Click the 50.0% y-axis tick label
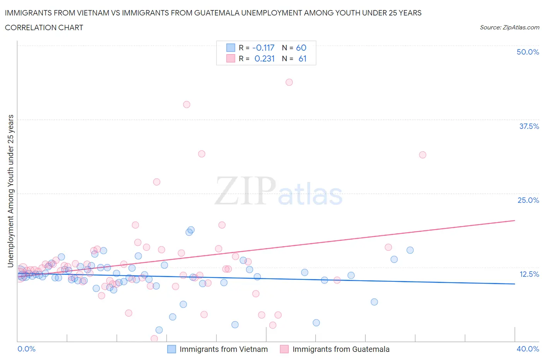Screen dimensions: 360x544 pyautogui.click(x=528, y=52)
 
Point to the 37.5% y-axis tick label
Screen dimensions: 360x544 pyautogui.click(x=529, y=126)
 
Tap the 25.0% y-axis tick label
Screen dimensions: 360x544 pyautogui.click(x=528, y=200)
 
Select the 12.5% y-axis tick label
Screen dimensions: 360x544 pyautogui.click(x=529, y=274)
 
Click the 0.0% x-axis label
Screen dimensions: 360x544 pyautogui.click(x=27, y=349)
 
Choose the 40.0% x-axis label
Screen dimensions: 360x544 pyautogui.click(x=528, y=349)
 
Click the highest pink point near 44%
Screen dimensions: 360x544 pyautogui.click(x=289, y=82)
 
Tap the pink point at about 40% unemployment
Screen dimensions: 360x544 pyautogui.click(x=186, y=105)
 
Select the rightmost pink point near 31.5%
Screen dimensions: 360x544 pyautogui.click(x=423, y=155)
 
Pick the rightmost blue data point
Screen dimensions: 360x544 pyautogui.click(x=410, y=250)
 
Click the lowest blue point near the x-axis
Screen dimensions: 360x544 pyautogui.click(x=159, y=330)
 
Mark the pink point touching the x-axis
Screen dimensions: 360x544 pyautogui.click(x=154, y=339)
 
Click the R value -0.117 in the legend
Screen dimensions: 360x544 pyautogui.click(x=263, y=48)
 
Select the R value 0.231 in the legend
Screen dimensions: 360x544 pyautogui.click(x=264, y=58)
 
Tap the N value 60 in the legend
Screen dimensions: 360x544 pyautogui.click(x=301, y=48)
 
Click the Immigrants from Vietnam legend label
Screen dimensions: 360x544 pyautogui.click(x=224, y=349)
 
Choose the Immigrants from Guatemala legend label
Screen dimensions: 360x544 pyautogui.click(x=341, y=349)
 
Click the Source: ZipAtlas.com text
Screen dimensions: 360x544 pyautogui.click(x=509, y=27)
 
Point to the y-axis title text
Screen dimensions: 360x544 pyautogui.click(x=11, y=191)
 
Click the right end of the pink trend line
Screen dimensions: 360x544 pyautogui.click(x=515, y=220)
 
